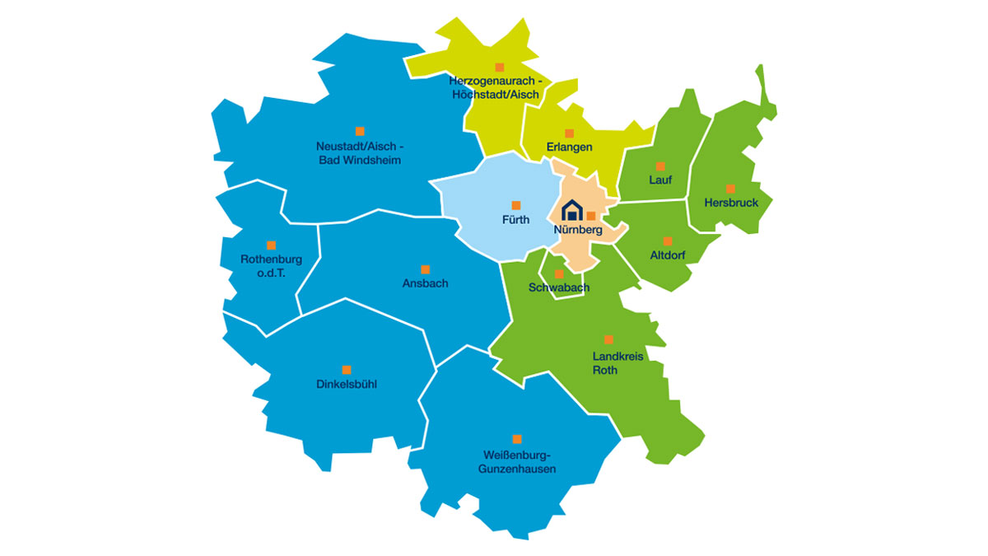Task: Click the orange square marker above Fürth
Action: click(x=516, y=205)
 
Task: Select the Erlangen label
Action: click(x=569, y=147)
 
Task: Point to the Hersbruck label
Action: click(x=726, y=202)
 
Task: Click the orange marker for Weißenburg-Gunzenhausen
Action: click(x=517, y=439)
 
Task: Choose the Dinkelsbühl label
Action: click(x=347, y=384)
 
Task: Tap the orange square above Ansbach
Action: click(x=425, y=269)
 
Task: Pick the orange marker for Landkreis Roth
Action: click(x=608, y=339)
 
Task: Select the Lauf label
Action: click(x=660, y=180)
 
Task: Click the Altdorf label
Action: click(x=668, y=255)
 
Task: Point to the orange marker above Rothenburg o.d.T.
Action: click(x=271, y=245)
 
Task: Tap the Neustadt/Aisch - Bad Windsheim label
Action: click(x=360, y=152)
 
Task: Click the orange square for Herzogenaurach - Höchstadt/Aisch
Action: click(x=499, y=67)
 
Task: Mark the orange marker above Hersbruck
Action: click(x=730, y=188)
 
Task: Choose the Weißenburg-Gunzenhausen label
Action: click(x=517, y=461)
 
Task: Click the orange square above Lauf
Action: click(x=660, y=166)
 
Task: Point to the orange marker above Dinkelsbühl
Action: click(x=347, y=370)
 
